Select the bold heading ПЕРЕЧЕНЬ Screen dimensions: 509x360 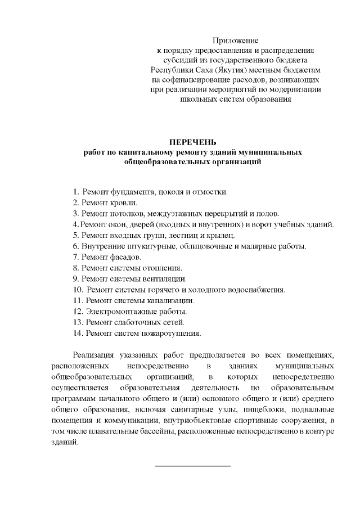pyautogui.click(x=193, y=141)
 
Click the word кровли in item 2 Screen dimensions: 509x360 pyautogui.click(x=124, y=202)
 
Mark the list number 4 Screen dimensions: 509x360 pyautogui.click(x=75, y=224)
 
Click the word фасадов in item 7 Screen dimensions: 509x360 pyautogui.click(x=125, y=257)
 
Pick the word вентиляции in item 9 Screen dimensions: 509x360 pyautogui.click(x=165, y=279)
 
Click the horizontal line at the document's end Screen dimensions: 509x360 pyautogui.click(x=193, y=466)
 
